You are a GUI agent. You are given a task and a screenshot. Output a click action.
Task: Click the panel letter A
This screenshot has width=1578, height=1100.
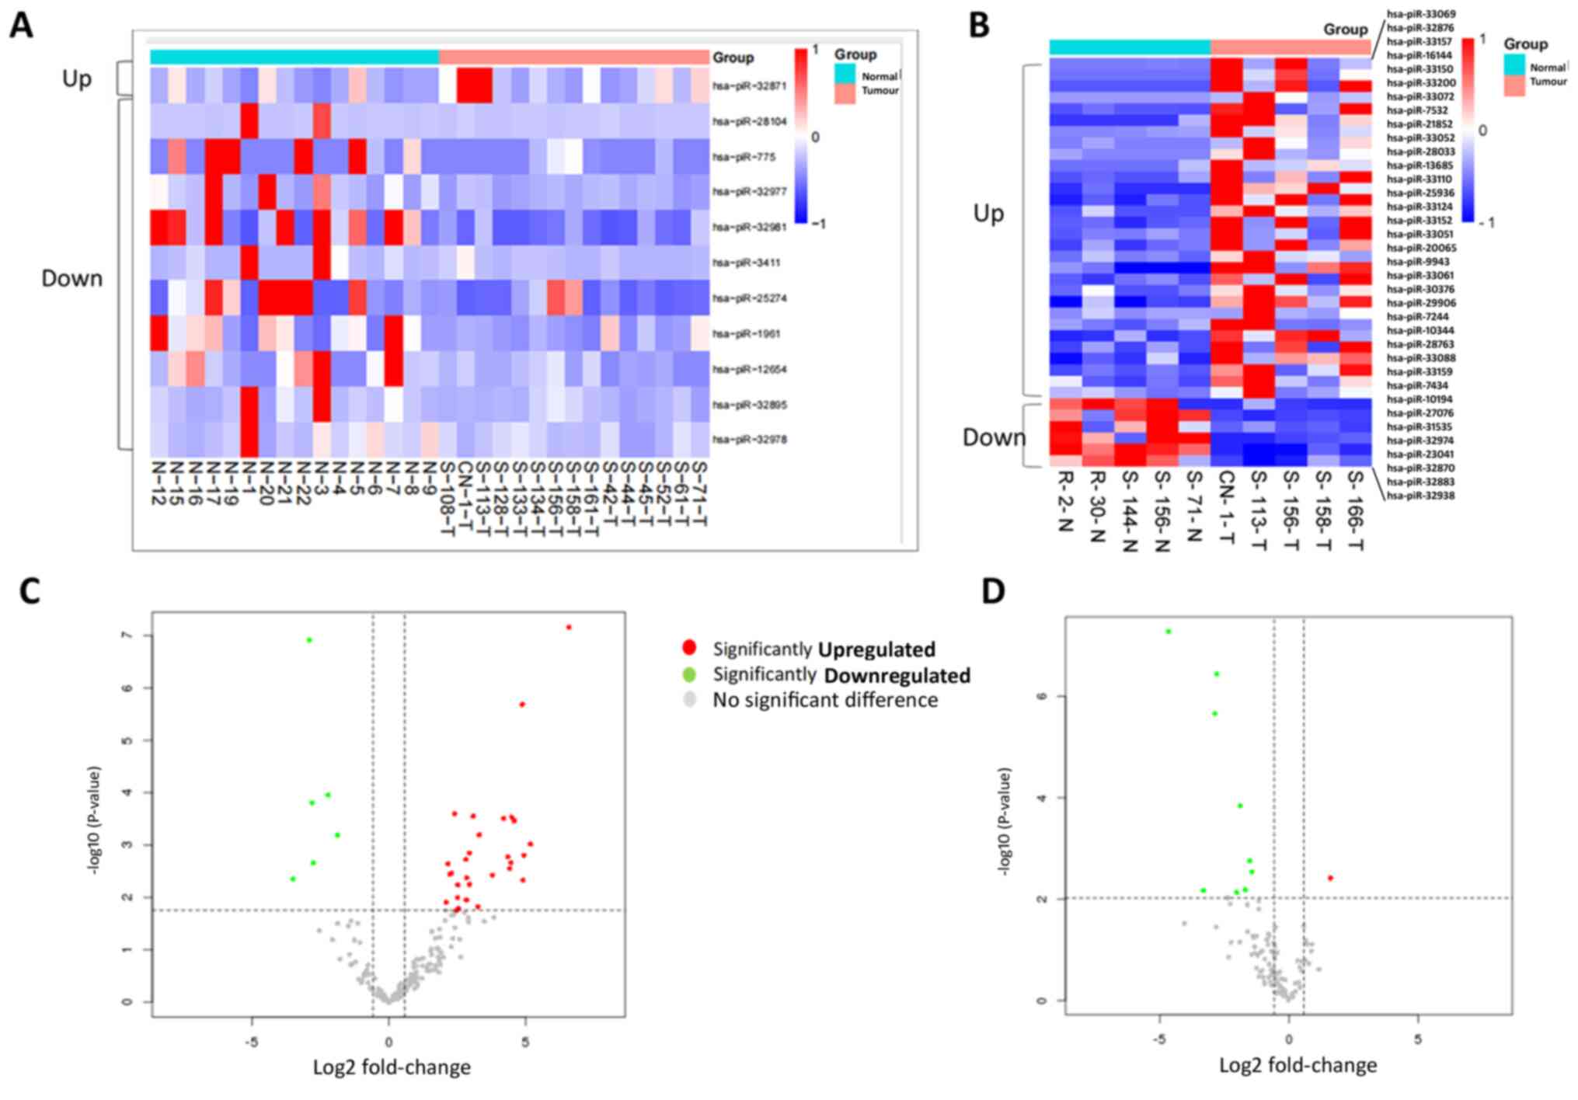pyautogui.click(x=21, y=26)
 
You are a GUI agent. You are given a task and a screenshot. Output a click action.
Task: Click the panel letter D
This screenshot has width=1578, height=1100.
pyautogui.click(x=993, y=591)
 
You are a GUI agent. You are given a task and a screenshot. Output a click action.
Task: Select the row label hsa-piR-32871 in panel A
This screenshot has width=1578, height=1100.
pyautogui.click(x=749, y=85)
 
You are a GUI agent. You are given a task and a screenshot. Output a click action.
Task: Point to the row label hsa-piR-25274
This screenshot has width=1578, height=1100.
pyautogui.click(x=749, y=298)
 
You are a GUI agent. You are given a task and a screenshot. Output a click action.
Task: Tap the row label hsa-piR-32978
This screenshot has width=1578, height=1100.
pyautogui.click(x=749, y=440)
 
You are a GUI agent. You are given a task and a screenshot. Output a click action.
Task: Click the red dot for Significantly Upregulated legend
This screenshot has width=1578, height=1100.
pyautogui.click(x=688, y=648)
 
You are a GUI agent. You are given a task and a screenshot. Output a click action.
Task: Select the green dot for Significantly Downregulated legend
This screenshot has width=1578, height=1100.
pyautogui.click(x=688, y=674)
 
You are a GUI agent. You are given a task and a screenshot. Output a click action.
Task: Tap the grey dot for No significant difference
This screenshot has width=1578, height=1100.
pyautogui.click(x=688, y=700)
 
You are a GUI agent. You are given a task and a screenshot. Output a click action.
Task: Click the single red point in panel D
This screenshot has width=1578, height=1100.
pyautogui.click(x=1330, y=878)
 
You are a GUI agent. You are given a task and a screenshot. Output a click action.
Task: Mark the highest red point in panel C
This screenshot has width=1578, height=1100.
pyautogui.click(x=569, y=627)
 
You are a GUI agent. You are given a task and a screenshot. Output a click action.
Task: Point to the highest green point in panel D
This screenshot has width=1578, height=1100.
pyautogui.click(x=1168, y=632)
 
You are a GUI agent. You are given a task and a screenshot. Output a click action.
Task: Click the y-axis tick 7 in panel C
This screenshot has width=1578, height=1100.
pyautogui.click(x=126, y=635)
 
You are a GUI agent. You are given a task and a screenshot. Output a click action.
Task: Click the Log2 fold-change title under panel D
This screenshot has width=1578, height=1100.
pyautogui.click(x=1298, y=1065)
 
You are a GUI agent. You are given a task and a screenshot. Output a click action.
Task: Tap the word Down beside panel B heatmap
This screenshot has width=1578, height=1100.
pyautogui.click(x=994, y=437)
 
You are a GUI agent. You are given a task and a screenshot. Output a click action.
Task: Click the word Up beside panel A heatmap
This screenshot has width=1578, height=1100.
pyautogui.click(x=76, y=78)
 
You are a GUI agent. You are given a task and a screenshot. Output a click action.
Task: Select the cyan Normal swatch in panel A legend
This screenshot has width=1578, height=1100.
pyautogui.click(x=845, y=74)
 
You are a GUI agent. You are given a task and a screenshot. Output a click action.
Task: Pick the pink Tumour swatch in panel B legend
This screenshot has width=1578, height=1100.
pyautogui.click(x=1514, y=85)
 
